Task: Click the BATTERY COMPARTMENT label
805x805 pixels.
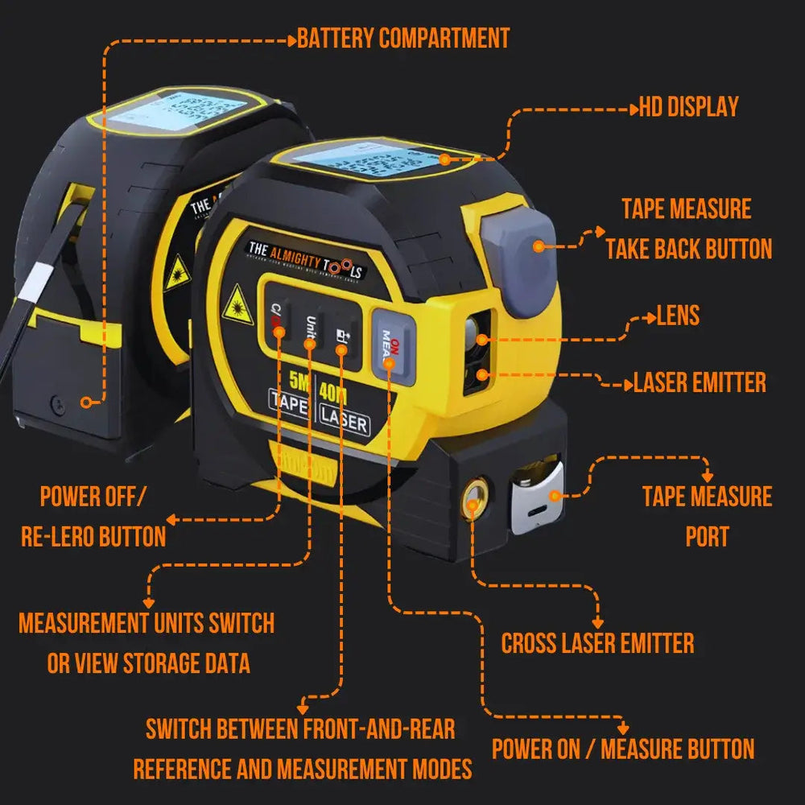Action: (x=403, y=39)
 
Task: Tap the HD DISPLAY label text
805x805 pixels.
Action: (x=688, y=107)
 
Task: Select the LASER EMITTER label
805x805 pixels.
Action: (x=700, y=382)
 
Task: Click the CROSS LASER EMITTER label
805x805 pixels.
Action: (x=597, y=643)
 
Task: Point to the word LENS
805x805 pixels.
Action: (x=678, y=316)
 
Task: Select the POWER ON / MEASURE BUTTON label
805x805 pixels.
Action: (x=623, y=749)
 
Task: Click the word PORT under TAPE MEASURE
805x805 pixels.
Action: (x=707, y=537)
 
